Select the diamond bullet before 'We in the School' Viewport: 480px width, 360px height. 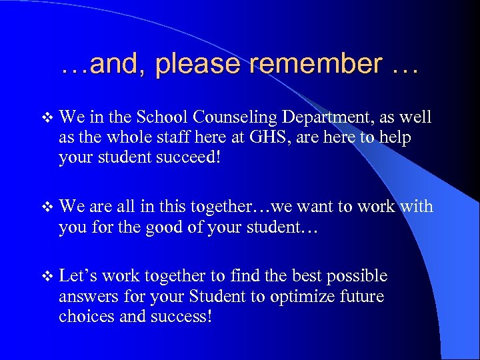coord(46,119)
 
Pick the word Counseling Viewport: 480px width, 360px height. coord(235,119)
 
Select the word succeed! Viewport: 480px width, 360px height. coord(216,157)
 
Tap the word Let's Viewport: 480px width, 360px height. coord(78,276)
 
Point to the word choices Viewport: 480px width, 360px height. coord(85,316)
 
